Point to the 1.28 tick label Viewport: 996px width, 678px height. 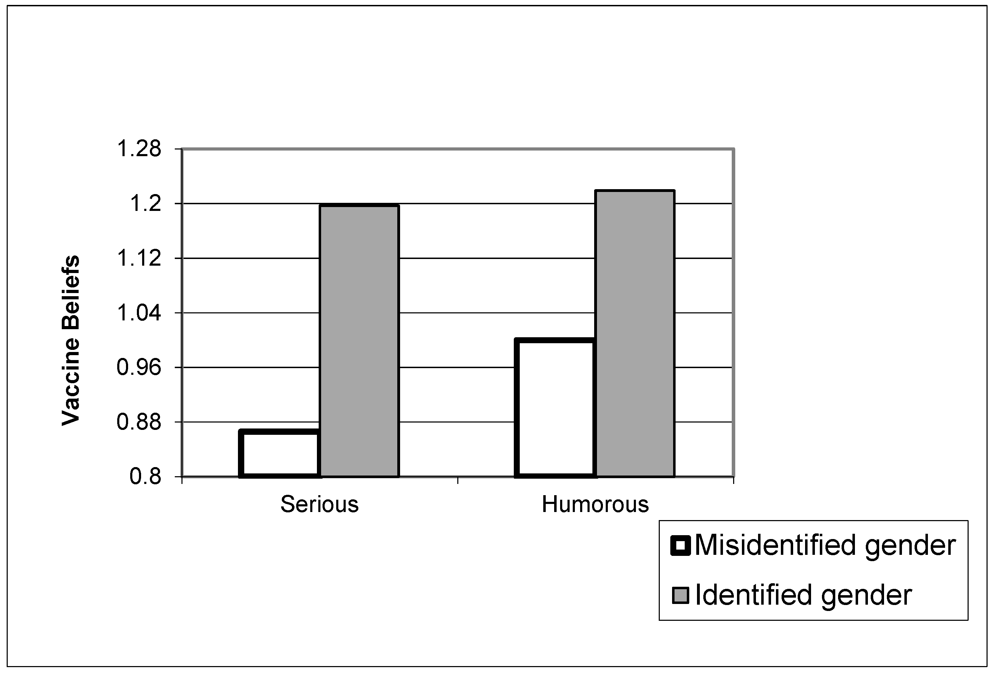[139, 149]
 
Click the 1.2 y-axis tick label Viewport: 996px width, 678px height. [145, 204]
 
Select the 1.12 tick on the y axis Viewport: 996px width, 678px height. [139, 258]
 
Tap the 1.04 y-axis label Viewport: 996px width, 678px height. [139, 313]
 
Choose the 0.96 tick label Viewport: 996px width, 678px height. [139, 367]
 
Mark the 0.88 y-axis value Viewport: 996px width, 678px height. [139, 422]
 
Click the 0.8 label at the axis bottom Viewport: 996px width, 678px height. [145, 477]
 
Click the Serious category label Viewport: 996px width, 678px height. [319, 504]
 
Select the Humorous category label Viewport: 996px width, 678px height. [595, 504]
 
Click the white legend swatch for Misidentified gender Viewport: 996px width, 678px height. [680, 546]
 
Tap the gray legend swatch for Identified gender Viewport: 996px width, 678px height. [680, 595]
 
